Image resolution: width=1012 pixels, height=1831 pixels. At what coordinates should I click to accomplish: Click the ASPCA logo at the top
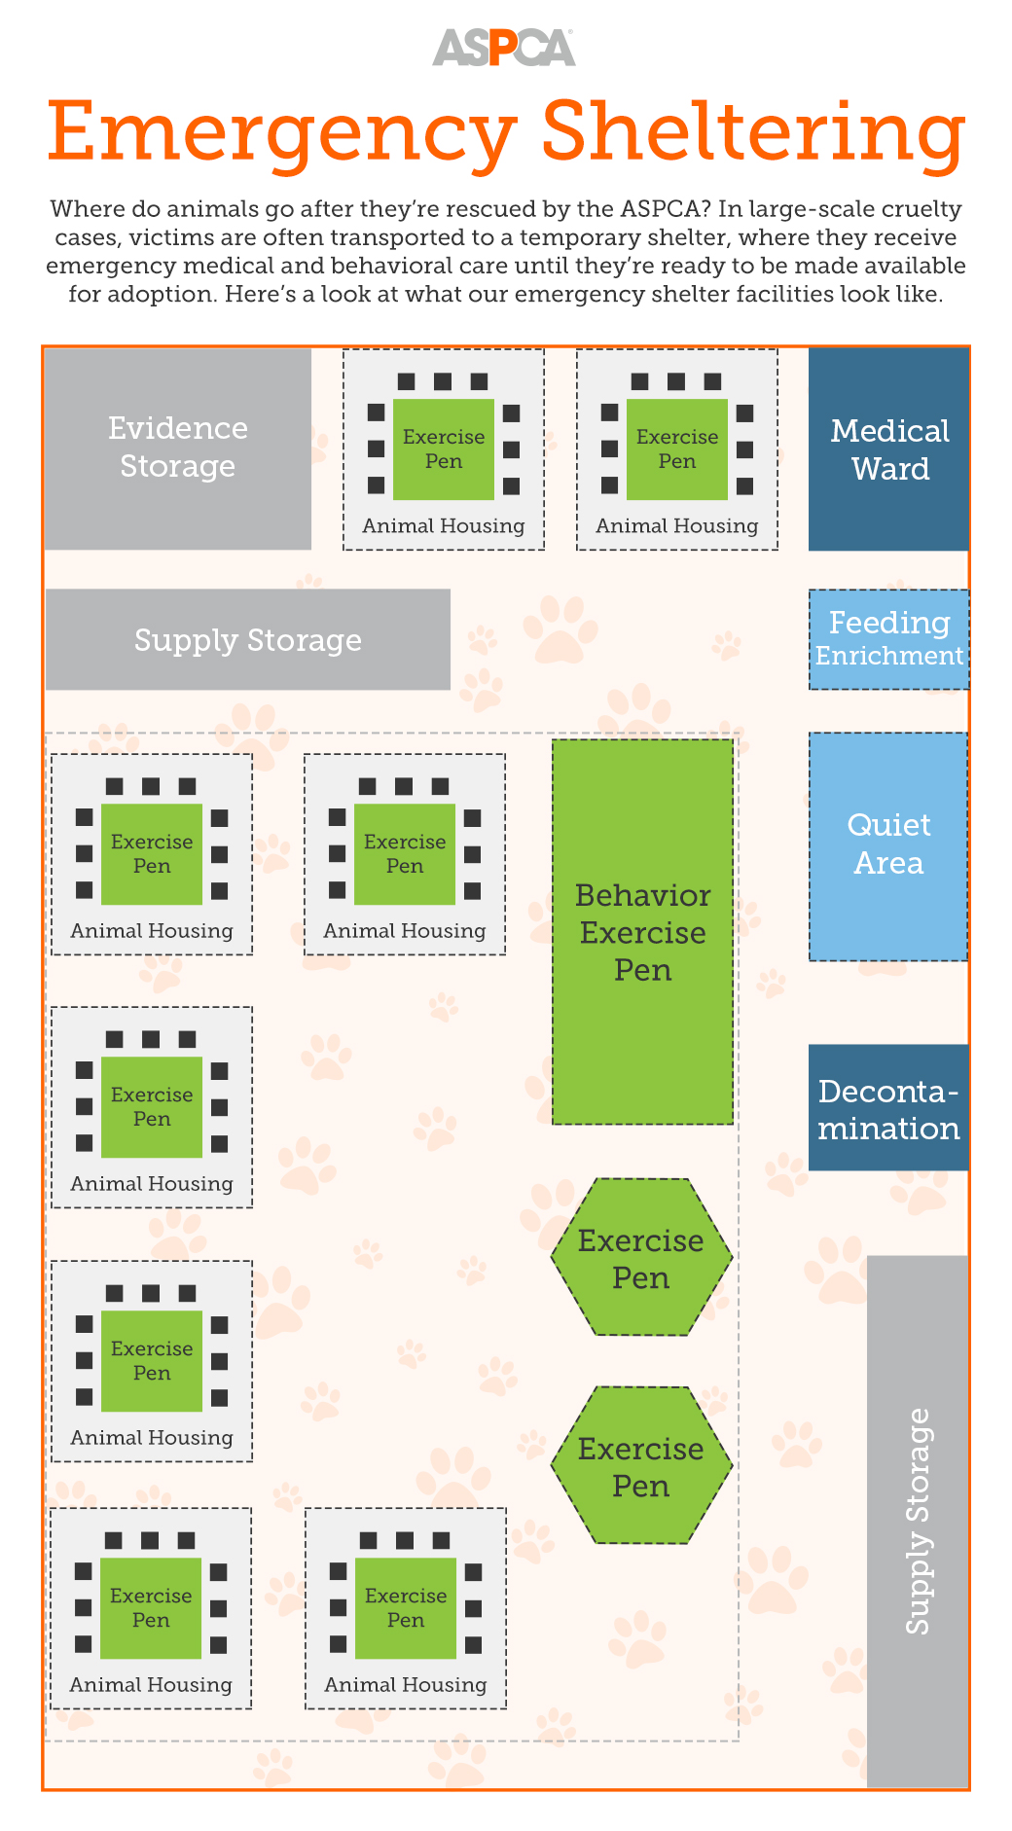(x=503, y=48)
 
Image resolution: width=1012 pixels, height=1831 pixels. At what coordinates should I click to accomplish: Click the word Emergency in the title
(x=281, y=132)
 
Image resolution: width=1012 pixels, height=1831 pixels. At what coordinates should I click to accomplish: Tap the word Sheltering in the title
(x=753, y=130)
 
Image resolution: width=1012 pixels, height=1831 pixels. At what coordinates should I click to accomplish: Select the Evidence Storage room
(x=178, y=449)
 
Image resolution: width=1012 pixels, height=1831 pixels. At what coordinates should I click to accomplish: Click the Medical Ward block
(x=888, y=449)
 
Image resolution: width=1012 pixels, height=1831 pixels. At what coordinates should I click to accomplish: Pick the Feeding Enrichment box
(x=888, y=639)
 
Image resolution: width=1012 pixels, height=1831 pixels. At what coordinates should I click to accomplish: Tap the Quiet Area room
(x=888, y=845)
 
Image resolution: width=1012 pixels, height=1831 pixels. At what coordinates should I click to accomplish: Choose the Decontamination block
(x=888, y=1108)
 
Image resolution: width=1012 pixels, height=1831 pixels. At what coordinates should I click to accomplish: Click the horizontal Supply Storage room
(x=248, y=640)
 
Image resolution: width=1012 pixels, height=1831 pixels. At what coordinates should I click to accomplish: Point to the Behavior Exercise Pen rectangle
(x=642, y=932)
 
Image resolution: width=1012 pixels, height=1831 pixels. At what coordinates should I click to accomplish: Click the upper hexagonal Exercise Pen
(x=641, y=1258)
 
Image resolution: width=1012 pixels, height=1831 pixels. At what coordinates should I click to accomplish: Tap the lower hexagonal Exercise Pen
(x=641, y=1466)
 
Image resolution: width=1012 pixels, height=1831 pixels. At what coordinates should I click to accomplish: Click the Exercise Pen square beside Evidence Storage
(x=444, y=449)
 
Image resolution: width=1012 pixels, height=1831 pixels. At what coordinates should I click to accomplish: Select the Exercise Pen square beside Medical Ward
(x=677, y=449)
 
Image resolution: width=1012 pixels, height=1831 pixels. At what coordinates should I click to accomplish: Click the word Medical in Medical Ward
(x=889, y=431)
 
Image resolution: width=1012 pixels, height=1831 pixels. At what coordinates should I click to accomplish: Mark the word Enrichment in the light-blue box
(x=888, y=657)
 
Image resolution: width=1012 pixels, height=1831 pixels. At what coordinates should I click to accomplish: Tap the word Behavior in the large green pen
(x=642, y=895)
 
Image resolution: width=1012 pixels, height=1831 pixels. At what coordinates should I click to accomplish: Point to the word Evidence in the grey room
(x=178, y=429)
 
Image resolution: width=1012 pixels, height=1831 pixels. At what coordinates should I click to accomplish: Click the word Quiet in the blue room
(x=888, y=825)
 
